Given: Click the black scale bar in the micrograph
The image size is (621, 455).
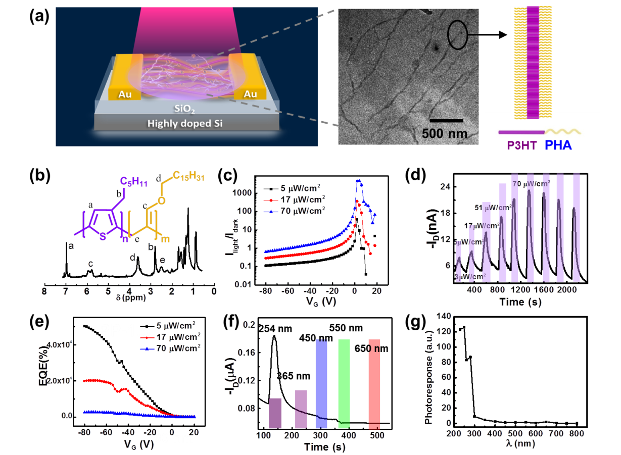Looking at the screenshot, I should click(446, 121).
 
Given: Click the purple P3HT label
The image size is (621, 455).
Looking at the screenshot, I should click(522, 146).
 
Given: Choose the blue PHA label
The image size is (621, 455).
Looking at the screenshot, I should click(559, 146).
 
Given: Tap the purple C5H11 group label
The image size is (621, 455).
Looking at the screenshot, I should click(133, 181).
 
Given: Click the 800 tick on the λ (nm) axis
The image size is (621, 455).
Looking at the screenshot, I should click(576, 434).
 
